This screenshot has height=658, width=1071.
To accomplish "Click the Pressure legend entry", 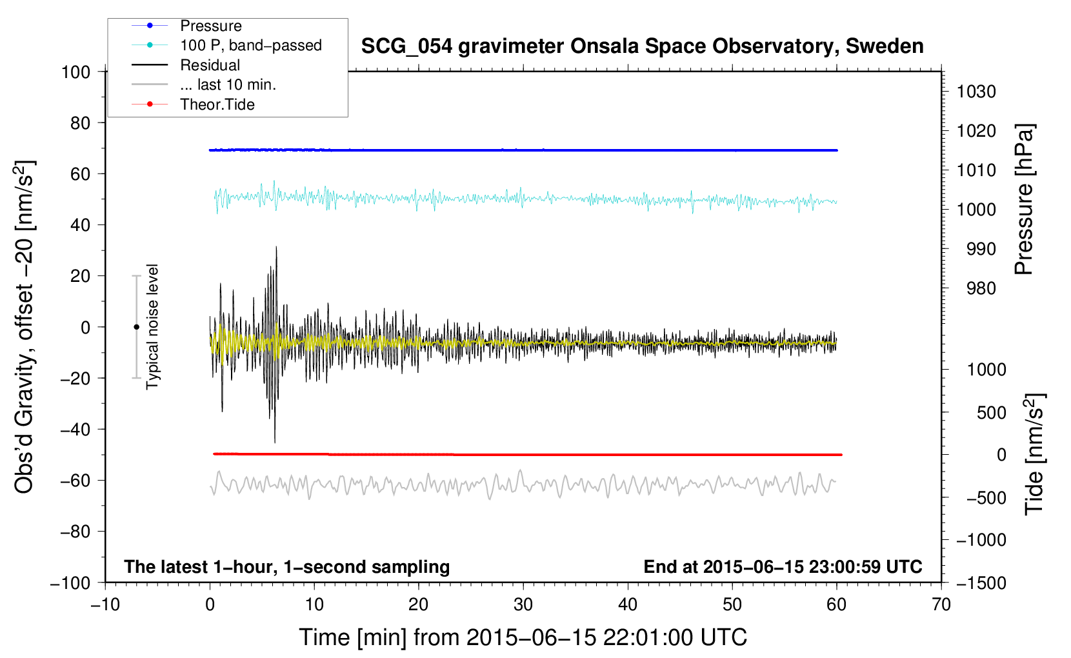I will pyautogui.click(x=210, y=26).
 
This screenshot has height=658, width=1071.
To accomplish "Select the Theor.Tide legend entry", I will pyautogui.click(x=217, y=105).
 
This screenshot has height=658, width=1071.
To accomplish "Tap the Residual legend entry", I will pyautogui.click(x=210, y=65).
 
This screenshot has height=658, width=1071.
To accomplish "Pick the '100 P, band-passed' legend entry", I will pyautogui.click(x=250, y=46).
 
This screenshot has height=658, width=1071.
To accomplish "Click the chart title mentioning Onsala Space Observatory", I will pyautogui.click(x=642, y=46).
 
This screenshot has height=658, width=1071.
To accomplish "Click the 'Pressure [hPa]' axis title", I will pyautogui.click(x=1024, y=200).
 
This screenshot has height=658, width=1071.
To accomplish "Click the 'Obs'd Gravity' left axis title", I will pyautogui.click(x=24, y=327).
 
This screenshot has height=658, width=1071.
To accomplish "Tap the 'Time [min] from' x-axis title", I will pyautogui.click(x=523, y=637).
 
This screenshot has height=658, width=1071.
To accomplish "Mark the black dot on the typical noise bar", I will pyautogui.click(x=136, y=327).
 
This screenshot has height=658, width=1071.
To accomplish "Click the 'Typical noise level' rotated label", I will pyautogui.click(x=152, y=327).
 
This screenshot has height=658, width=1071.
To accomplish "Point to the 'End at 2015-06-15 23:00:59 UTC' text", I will pyautogui.click(x=783, y=567).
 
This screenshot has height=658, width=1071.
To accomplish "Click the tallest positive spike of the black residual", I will pyautogui.click(x=276, y=247).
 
